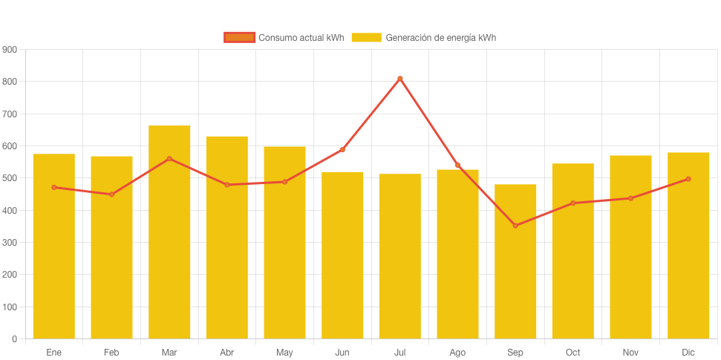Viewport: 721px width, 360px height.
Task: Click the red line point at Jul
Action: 400,78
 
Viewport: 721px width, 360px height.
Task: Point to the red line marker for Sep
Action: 515,226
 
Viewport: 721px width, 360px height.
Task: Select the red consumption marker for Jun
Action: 342,150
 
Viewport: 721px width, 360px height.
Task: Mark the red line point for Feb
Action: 111,194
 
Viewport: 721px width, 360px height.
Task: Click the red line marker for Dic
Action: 688,179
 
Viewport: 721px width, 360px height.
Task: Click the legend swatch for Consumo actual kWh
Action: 239,37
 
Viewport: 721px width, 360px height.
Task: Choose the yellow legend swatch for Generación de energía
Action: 366,37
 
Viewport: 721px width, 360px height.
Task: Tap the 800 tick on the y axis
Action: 10,82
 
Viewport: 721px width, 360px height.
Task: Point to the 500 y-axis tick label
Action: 10,178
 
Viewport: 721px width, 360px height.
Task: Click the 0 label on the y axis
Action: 14,339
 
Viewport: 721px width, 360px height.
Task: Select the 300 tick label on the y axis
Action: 10,243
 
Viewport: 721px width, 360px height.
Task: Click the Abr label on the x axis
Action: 226,352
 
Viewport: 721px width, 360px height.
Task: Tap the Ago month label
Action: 457,352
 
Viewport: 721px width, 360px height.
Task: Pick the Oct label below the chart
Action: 572,352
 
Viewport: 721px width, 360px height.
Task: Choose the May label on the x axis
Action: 284,352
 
